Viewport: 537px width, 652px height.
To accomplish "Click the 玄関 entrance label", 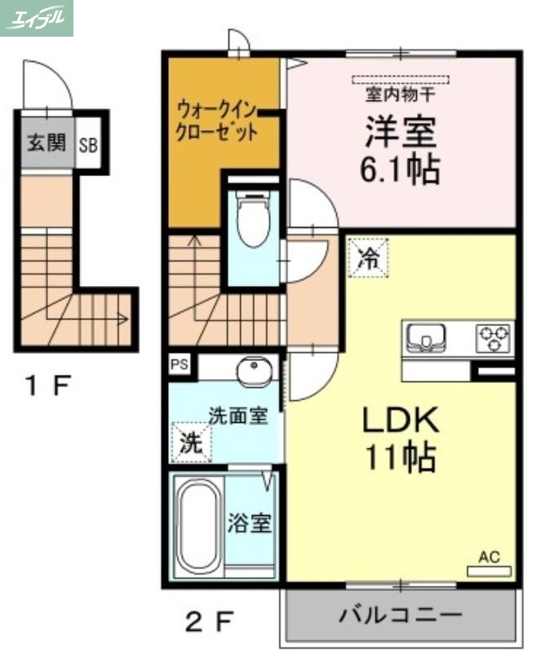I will click(x=46, y=144).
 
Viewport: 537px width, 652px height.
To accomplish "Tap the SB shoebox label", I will click(x=88, y=146).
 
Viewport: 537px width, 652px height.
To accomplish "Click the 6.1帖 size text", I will click(x=400, y=170).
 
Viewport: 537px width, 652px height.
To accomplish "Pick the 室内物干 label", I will click(x=399, y=95).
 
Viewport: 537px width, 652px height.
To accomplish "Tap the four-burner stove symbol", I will click(x=494, y=335).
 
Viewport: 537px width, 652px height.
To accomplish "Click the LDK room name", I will click(x=401, y=421).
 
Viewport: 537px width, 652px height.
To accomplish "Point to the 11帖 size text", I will click(x=401, y=458).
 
